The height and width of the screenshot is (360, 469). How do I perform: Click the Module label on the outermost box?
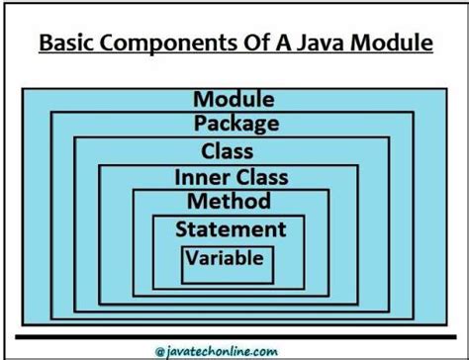[x=234, y=99]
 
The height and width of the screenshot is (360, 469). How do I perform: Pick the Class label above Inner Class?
[x=227, y=151]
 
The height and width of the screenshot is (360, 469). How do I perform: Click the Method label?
[x=229, y=202]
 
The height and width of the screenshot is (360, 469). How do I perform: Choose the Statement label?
[x=231, y=229]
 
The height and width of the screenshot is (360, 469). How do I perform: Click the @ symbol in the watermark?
[x=159, y=348]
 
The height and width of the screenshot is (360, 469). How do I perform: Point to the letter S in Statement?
[x=181, y=229]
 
